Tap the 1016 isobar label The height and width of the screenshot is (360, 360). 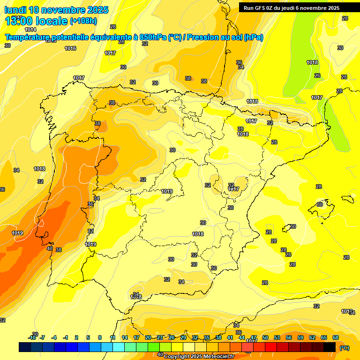click(70, 48)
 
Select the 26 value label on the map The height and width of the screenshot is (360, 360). click(317, 75)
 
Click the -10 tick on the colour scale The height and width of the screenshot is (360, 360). click(32, 337)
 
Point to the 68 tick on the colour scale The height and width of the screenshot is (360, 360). click(336, 337)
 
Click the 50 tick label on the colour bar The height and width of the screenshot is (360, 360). click(265, 337)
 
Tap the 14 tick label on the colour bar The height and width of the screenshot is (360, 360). click(125, 337)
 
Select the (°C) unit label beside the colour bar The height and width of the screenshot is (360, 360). click(345, 348)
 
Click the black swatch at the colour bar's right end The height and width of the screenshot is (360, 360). click(330, 347)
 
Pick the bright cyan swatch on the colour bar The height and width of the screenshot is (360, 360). click(119, 347)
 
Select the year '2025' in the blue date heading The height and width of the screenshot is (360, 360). click(97, 10)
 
